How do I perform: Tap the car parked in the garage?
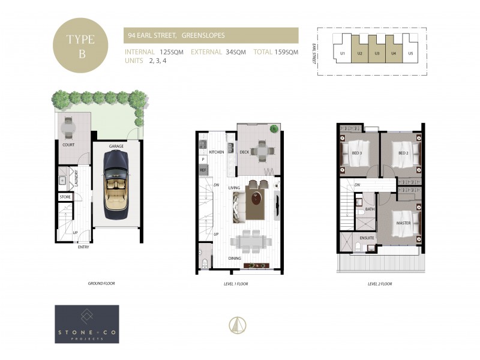[116, 184]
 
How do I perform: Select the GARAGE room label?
[116, 146]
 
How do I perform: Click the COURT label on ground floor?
[68, 145]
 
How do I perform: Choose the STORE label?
[65, 197]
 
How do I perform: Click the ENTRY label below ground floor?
[83, 247]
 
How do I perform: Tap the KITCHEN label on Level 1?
[216, 152]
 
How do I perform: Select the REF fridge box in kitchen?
[202, 170]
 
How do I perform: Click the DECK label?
[244, 152]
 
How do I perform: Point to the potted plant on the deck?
[274, 128]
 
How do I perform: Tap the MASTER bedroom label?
[403, 223]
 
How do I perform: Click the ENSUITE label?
[367, 238]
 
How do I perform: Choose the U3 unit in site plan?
[377, 53]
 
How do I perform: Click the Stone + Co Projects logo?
[86, 324]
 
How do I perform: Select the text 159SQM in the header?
[287, 52]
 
